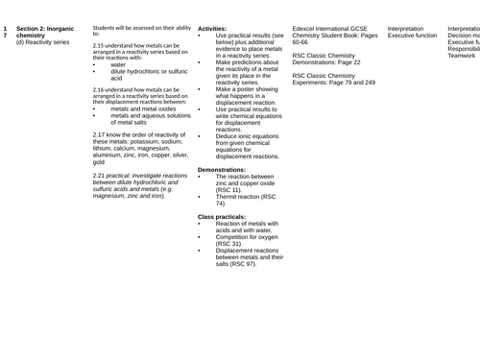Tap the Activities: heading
[x=212, y=29]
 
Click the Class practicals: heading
[x=223, y=218]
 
